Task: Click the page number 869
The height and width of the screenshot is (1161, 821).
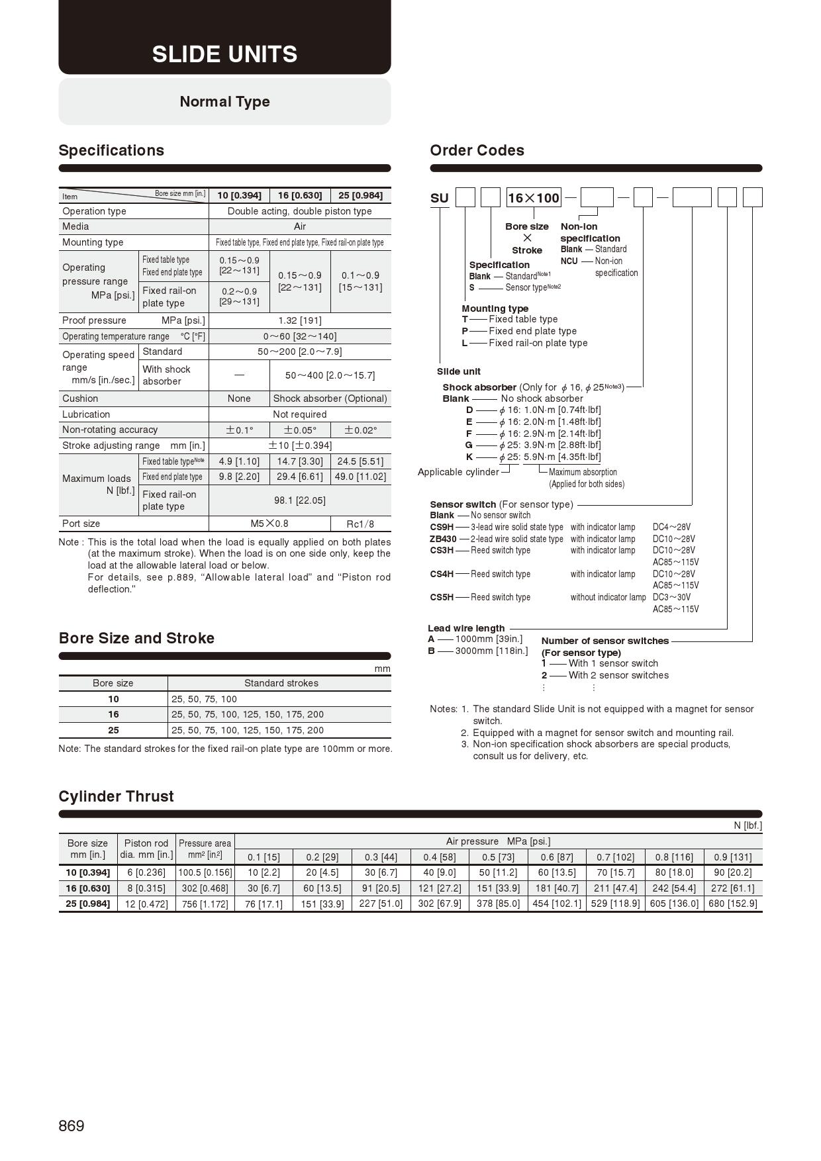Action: (72, 1126)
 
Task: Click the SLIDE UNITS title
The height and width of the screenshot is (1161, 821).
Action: (224, 54)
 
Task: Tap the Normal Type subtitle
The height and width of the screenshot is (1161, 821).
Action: (224, 101)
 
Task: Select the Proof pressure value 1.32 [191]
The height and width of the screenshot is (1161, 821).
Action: (299, 320)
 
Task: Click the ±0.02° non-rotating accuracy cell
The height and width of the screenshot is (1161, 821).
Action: (360, 430)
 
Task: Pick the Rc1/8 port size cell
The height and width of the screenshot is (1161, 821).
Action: (360, 524)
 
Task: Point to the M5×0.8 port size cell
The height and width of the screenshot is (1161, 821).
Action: (269, 524)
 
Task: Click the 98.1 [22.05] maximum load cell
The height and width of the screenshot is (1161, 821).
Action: (299, 500)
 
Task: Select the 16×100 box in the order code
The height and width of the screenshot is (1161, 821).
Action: (534, 198)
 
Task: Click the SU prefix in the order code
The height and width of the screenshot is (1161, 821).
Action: (440, 198)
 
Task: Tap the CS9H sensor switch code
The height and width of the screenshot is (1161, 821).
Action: (442, 527)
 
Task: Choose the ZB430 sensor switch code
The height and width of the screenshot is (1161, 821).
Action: (443, 539)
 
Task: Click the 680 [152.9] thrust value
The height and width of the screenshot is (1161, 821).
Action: (732, 904)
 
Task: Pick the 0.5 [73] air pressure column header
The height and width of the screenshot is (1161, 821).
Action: (498, 857)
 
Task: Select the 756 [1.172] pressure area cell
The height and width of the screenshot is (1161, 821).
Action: (205, 904)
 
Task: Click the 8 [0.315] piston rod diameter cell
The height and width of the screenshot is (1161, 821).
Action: (146, 888)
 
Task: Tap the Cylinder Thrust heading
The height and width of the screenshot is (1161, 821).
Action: (116, 796)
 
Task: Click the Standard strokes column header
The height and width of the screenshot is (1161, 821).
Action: (281, 683)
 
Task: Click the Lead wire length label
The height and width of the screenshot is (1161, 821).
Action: (466, 628)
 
